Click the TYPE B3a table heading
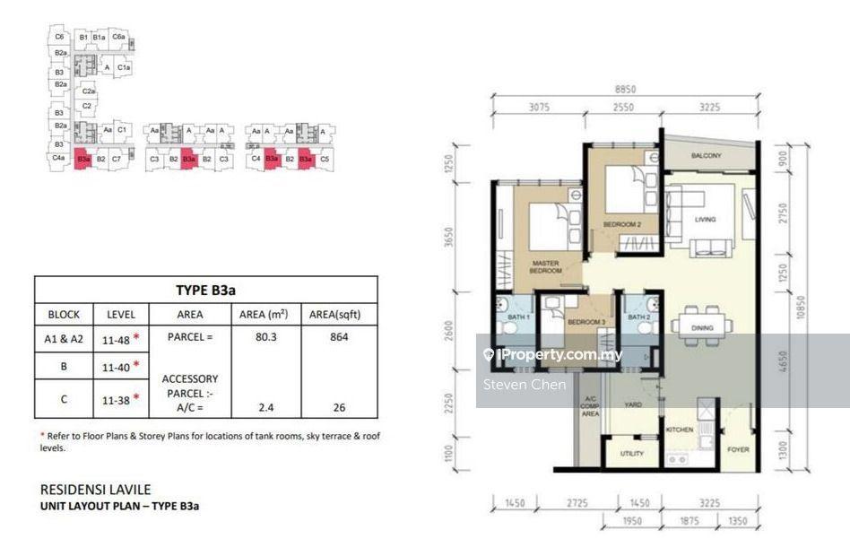pos(205,290)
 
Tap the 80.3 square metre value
pos(266,338)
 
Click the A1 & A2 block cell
pos(64,338)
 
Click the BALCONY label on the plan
pos(706,156)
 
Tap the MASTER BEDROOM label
pos(544,266)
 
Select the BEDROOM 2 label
pos(621,224)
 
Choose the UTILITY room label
pos(631,454)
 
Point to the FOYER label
pos(737,449)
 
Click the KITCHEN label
pos(679,430)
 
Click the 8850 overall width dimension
pos(626,90)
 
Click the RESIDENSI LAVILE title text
pos(96,490)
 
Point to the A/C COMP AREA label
pos(589,409)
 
